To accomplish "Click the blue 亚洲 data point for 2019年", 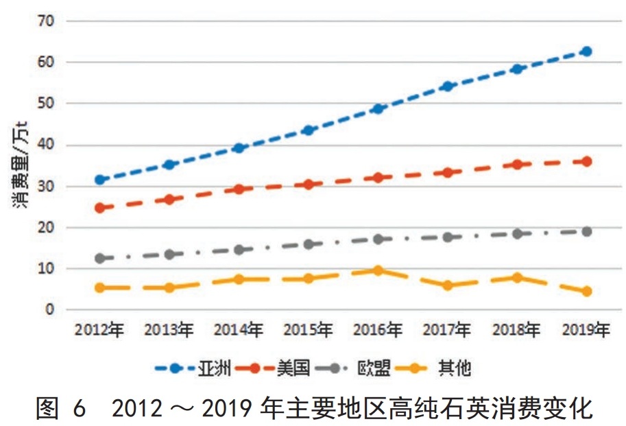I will pos(586,51).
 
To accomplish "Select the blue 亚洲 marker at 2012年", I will pos(100,180).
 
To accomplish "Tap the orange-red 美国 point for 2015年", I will pos(309,185).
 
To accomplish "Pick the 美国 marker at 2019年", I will pos(586,162).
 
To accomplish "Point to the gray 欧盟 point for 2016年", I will pos(378,239).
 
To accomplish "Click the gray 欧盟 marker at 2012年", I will pos(100,259).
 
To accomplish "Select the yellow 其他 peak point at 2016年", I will pos(378,271).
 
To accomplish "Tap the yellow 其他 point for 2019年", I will pos(586,292).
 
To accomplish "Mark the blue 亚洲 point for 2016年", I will pos(378,109).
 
